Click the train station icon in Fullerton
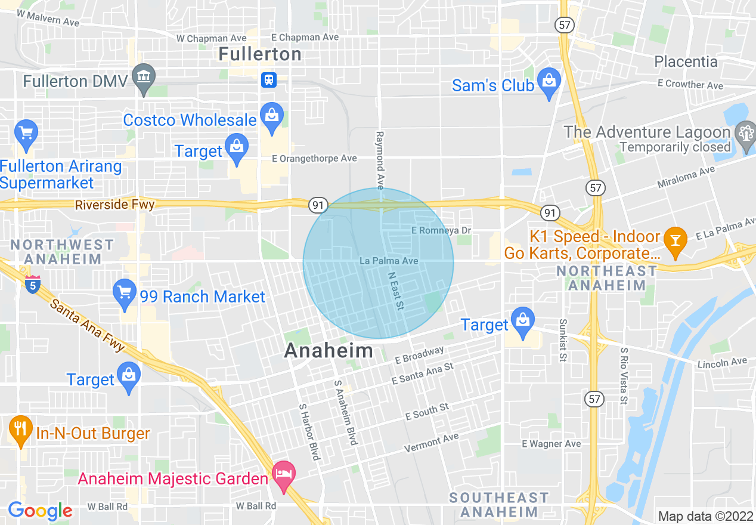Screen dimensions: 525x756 pyautogui.click(x=269, y=79)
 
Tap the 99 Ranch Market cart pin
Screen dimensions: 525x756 pyautogui.click(x=125, y=293)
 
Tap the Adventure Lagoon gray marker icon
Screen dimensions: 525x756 pyautogui.click(x=745, y=132)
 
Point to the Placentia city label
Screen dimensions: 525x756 pyautogui.click(x=686, y=61)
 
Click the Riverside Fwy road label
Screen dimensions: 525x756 pyautogui.click(x=114, y=205)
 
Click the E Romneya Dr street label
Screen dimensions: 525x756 pyautogui.click(x=441, y=230)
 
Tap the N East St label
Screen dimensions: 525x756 pyautogui.click(x=396, y=291)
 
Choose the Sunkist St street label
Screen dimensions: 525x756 pyautogui.click(x=562, y=340)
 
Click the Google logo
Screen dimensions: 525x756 pyautogui.click(x=39, y=511)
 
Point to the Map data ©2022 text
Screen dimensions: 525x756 pyautogui.click(x=705, y=516)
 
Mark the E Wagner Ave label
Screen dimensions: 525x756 pyautogui.click(x=551, y=444)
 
